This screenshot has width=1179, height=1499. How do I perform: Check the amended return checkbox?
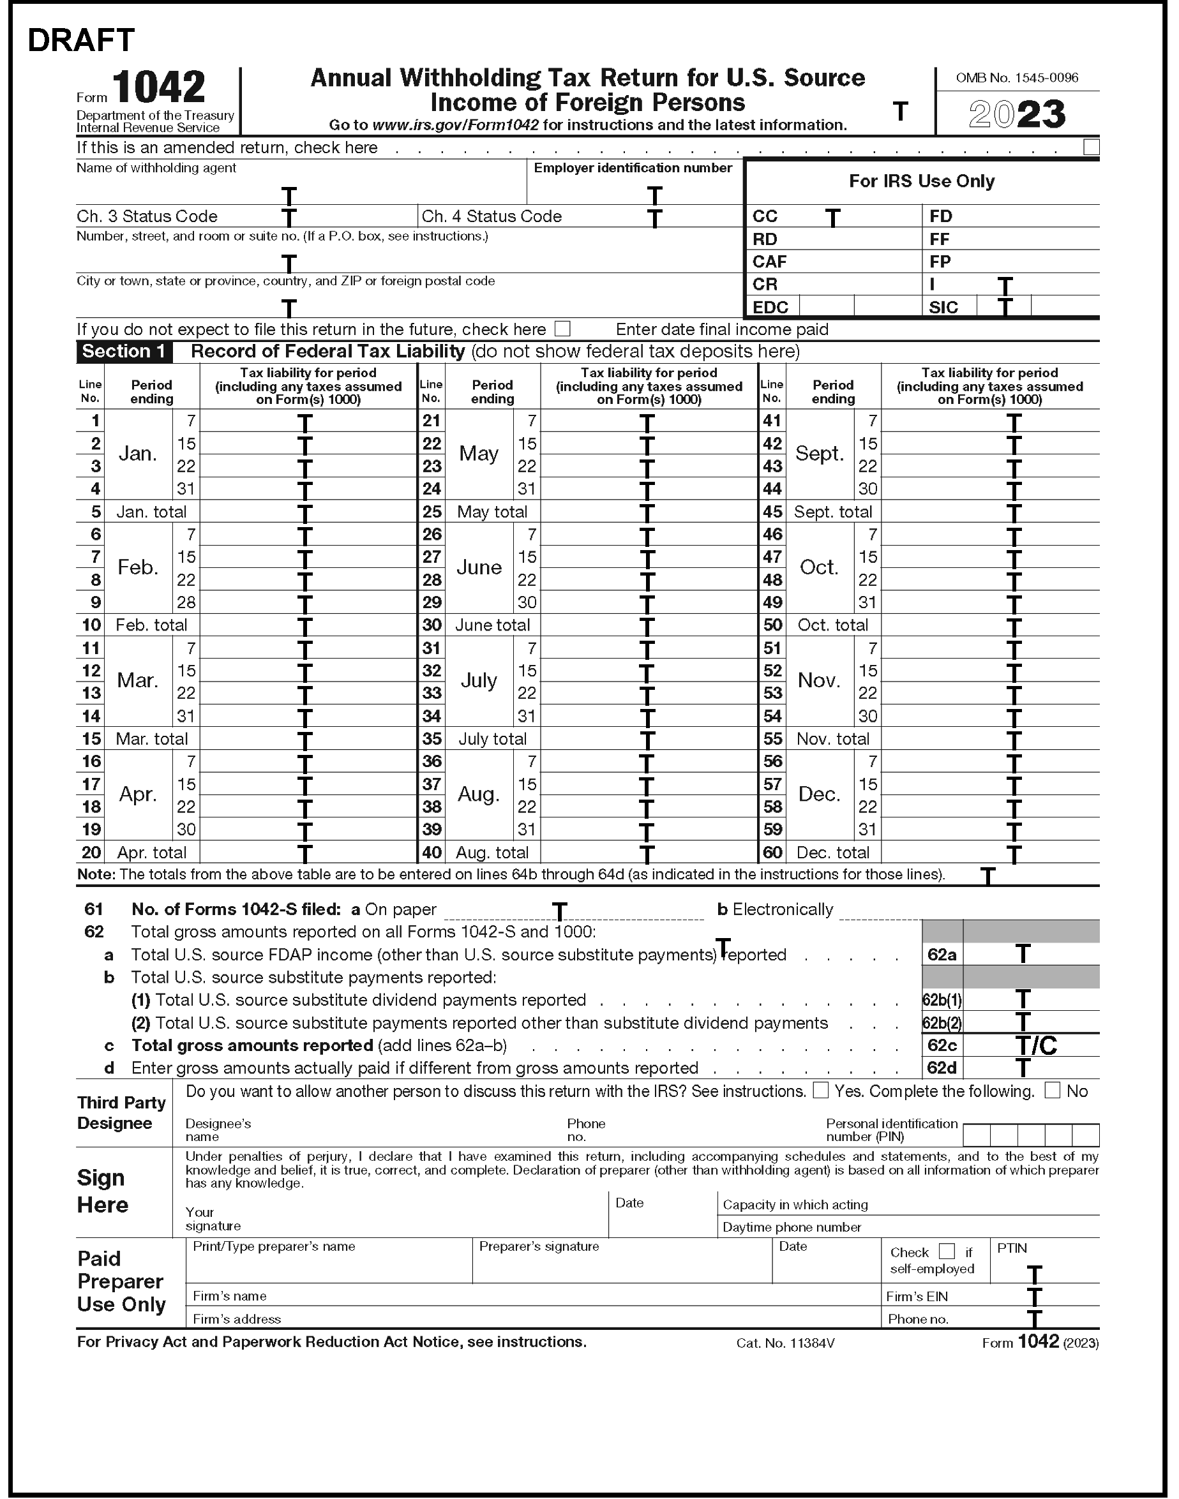coord(1091,147)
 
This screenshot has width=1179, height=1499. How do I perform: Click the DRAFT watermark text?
coord(81,41)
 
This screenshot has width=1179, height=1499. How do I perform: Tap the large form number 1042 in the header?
coord(158,87)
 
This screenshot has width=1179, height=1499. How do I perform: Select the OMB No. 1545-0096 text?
coord(1017,78)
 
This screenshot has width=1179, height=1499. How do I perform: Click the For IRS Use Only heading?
coord(922,181)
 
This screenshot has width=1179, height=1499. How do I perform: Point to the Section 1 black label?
coord(124,351)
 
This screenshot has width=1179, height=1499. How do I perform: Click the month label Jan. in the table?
coord(138,454)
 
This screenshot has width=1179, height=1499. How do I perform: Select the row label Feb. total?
coord(151,625)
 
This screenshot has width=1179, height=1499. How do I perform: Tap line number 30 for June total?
coord(432,625)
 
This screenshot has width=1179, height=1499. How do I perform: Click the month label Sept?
coord(820,454)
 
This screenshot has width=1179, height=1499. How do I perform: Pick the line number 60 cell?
coord(772,853)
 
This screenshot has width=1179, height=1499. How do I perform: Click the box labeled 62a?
coord(942,955)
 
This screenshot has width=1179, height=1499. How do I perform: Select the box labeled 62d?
coord(942,1068)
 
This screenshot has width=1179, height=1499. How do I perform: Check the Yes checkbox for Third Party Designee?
coord(820,1091)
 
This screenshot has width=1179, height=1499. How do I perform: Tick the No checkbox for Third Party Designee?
coord(1052,1091)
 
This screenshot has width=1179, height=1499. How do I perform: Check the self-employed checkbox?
coord(947,1251)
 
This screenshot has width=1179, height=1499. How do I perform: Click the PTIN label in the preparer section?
coord(1012,1248)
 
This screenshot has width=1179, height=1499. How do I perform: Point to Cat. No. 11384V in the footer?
coord(786,1343)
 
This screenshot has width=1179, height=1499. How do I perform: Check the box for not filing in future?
coord(562,329)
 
